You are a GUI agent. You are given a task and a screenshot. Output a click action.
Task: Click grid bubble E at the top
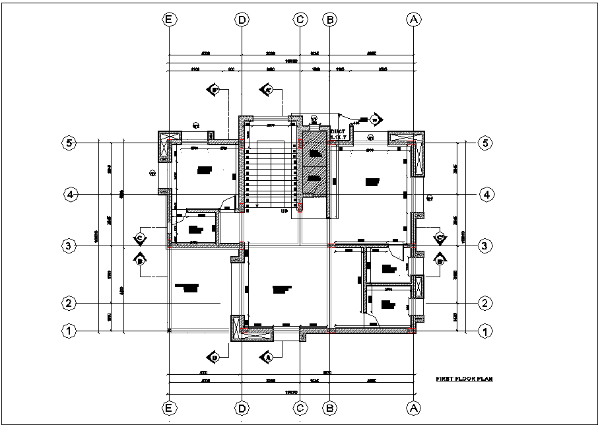(x=170, y=20)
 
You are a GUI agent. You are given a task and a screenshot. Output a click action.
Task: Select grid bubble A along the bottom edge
(x=414, y=409)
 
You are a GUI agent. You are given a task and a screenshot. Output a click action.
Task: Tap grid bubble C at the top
(x=300, y=20)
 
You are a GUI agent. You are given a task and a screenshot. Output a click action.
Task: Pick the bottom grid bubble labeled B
(x=329, y=409)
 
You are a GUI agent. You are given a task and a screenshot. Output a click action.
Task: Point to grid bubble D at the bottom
(x=242, y=409)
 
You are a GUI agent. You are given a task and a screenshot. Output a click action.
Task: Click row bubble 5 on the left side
(x=68, y=143)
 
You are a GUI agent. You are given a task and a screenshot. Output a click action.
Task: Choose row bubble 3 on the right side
(x=485, y=246)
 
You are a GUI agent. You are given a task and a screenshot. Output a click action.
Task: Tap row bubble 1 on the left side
(x=68, y=331)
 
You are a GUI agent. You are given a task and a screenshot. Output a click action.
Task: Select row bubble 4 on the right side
(x=485, y=195)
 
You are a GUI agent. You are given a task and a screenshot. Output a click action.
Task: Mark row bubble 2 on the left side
(x=68, y=304)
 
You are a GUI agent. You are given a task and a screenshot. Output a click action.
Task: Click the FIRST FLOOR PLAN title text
(x=464, y=379)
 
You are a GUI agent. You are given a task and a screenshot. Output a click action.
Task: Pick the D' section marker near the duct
(x=374, y=119)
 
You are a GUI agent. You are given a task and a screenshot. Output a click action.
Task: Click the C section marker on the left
(x=140, y=236)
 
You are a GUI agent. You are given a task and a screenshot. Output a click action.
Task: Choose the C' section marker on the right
(x=438, y=236)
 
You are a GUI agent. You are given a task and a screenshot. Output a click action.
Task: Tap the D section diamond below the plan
(x=215, y=357)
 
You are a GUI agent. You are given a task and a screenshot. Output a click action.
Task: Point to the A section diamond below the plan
(x=268, y=357)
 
